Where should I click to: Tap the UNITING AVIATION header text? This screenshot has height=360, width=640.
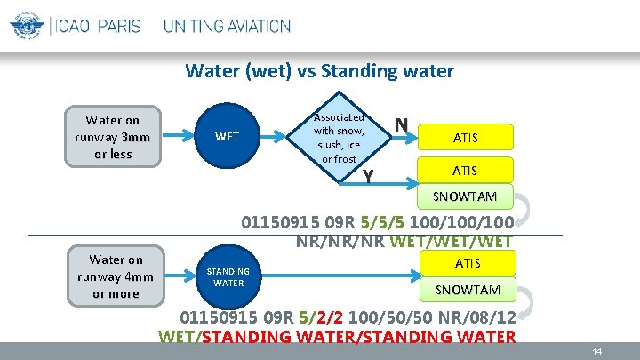227,26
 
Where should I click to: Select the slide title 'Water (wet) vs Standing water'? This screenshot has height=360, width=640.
319,71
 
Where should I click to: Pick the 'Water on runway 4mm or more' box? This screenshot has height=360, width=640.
116,276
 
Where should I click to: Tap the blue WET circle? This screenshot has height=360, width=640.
228,136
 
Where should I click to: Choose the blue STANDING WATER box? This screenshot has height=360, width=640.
228,277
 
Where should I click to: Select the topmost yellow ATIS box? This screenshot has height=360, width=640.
466,137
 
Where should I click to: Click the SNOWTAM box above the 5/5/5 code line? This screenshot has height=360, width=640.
466,196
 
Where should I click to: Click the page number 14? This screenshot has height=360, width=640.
597,352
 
